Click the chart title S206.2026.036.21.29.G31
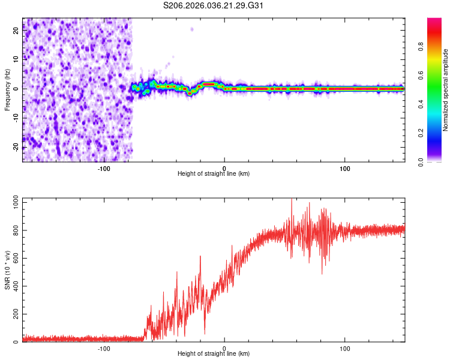click(x=214, y=6)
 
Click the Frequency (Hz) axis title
click(x=8, y=90)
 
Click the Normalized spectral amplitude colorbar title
click(x=445, y=90)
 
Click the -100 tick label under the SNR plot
click(x=104, y=349)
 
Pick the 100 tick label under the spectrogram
click(x=345, y=169)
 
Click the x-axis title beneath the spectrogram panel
click(x=214, y=174)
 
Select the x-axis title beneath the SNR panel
click(x=214, y=354)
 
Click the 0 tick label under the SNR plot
click(x=224, y=349)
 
